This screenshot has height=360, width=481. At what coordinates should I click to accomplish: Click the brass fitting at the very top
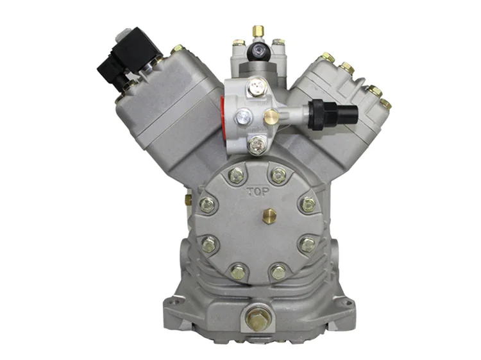[257, 30]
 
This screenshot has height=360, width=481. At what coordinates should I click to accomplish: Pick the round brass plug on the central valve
[271, 116]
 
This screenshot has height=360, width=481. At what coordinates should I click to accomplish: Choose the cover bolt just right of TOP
[278, 174]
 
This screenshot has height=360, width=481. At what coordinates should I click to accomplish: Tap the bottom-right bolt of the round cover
[278, 271]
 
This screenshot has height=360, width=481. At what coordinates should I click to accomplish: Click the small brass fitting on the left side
[187, 200]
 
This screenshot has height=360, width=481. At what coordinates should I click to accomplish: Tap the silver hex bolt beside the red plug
[244, 116]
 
